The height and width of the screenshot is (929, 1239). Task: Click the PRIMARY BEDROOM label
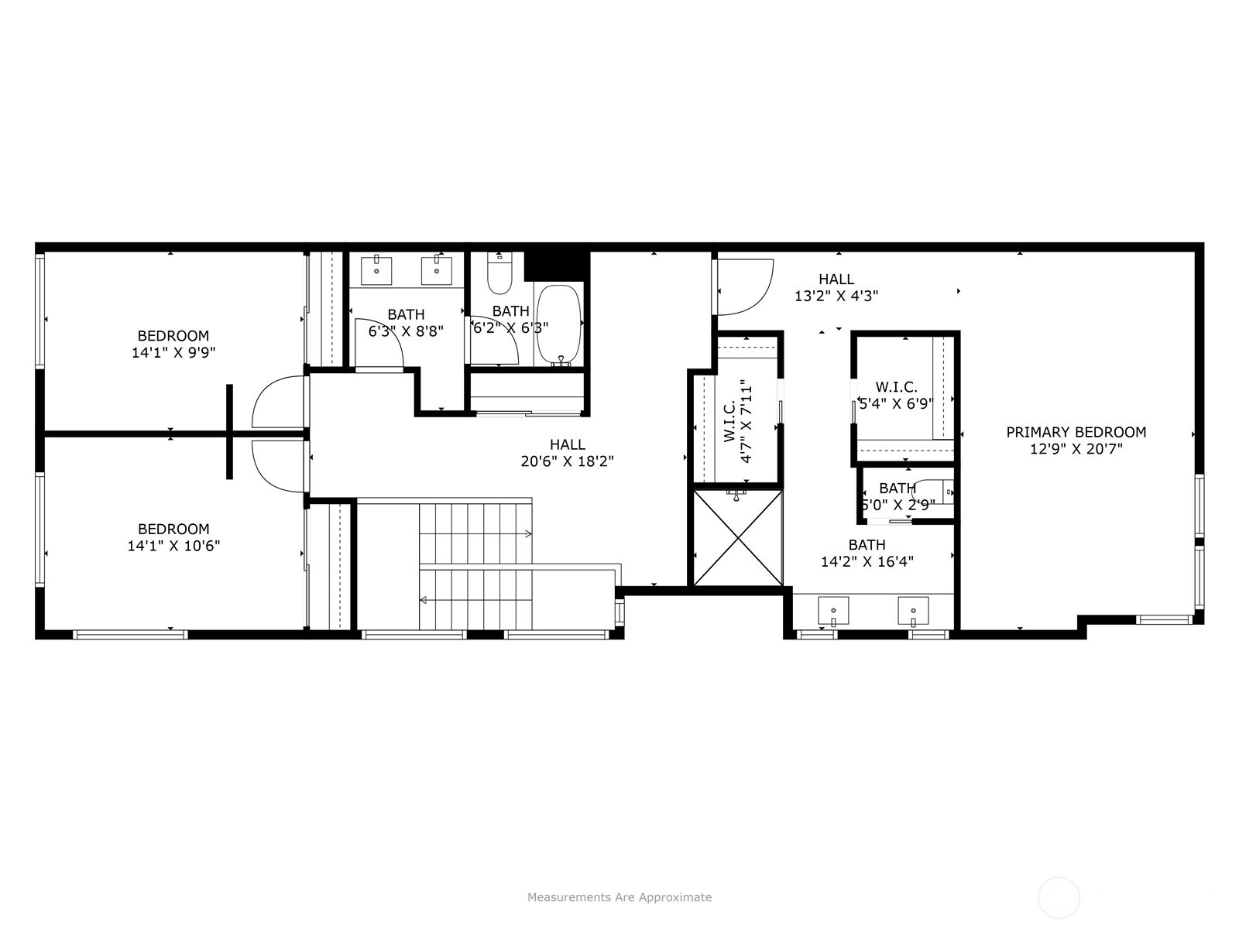click(1076, 432)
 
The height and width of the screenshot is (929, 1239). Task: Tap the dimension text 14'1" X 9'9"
click(173, 352)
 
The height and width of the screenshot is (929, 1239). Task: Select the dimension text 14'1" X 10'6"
click(173, 546)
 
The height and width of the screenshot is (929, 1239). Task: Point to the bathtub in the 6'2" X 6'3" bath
click(558, 325)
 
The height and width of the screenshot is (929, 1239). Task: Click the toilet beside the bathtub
click(499, 273)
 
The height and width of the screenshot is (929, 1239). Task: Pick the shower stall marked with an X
click(738, 538)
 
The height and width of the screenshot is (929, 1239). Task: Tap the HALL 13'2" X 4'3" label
click(836, 287)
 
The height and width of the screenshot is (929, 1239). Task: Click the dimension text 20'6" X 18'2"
click(568, 461)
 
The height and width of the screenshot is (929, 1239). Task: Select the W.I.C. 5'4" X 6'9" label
click(896, 396)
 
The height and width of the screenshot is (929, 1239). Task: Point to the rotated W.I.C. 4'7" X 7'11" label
click(738, 421)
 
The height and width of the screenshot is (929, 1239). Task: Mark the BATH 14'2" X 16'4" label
click(867, 553)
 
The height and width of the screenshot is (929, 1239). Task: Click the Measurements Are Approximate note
click(619, 896)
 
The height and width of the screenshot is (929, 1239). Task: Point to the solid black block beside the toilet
click(554, 266)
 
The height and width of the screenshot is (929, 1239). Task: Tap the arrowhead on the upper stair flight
click(528, 533)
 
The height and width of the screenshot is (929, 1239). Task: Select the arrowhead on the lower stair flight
click(423, 600)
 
